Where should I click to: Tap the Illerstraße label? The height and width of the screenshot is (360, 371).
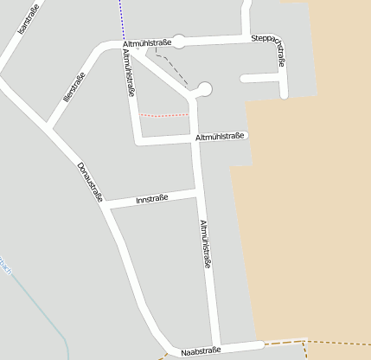(x=74, y=89)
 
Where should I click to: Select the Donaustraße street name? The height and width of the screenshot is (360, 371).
(x=90, y=182)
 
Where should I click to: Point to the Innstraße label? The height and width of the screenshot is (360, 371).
(x=152, y=200)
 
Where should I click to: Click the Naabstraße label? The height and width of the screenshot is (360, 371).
(x=201, y=350)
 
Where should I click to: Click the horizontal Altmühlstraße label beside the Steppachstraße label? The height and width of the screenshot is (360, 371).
(x=148, y=42)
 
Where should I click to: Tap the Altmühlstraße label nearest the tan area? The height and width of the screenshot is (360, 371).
(x=222, y=137)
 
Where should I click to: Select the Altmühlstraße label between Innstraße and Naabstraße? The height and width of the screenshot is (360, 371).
(x=206, y=244)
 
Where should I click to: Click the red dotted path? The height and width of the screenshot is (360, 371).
(x=163, y=115)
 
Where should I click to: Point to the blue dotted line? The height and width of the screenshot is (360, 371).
(x=121, y=17)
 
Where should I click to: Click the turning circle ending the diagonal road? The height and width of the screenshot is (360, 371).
(x=204, y=88)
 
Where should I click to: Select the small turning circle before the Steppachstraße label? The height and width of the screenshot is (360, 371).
(x=179, y=42)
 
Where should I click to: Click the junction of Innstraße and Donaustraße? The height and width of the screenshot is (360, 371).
(x=106, y=204)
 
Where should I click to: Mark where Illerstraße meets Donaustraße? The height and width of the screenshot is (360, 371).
(x=49, y=131)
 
